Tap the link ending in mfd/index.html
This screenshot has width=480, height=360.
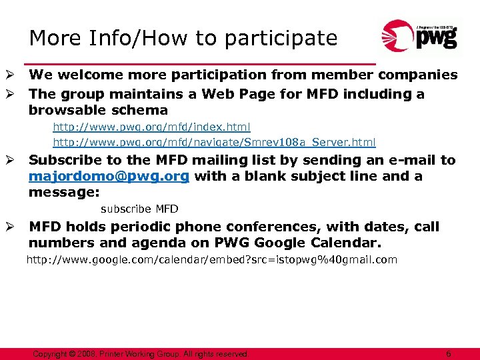152,126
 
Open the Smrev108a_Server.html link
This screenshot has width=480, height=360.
214,142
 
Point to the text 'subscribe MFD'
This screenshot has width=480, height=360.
139,209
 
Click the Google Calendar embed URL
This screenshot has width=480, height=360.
211,260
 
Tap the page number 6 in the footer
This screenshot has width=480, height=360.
449,353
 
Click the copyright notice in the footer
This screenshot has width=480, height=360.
140,353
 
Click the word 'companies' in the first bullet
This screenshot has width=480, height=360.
417,75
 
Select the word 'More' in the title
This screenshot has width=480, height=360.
54,39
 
